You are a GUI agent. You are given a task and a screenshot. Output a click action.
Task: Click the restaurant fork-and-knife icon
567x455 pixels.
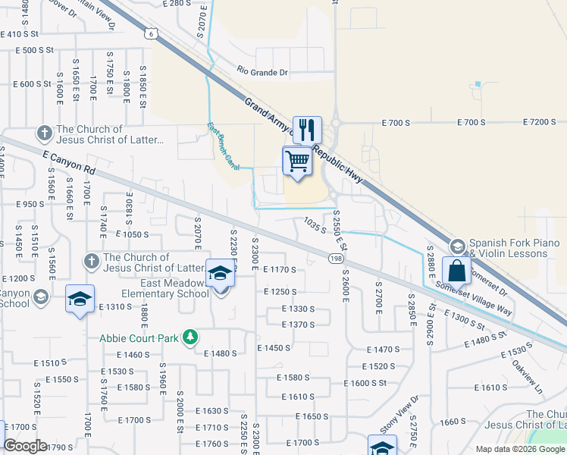(307, 130)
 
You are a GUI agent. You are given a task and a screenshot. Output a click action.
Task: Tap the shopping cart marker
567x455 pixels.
(298, 162)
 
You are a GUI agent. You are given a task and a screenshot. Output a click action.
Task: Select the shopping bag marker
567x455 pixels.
(457, 271)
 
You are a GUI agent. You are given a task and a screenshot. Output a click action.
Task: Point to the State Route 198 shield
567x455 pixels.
(336, 259)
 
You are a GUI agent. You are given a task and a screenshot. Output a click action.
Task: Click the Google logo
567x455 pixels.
(25, 446)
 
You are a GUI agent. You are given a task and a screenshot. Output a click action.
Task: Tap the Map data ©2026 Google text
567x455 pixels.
(519, 448)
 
